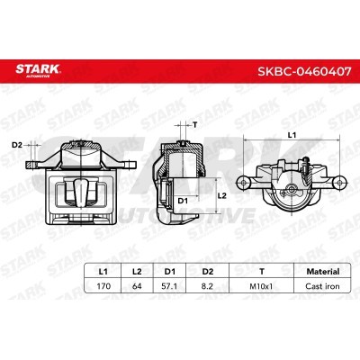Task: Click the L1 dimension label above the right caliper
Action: click(290, 134)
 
